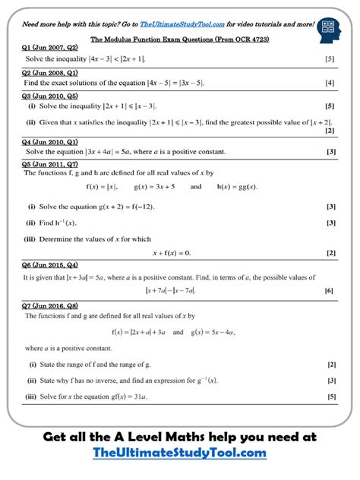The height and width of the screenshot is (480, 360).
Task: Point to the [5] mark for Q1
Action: click(x=330, y=58)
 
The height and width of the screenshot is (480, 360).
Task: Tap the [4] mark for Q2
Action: click(x=330, y=82)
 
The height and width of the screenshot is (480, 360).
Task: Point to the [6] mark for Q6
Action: click(x=329, y=290)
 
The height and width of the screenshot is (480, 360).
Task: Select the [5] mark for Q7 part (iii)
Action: click(x=331, y=396)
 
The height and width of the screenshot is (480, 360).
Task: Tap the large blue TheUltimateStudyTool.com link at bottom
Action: click(x=179, y=453)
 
